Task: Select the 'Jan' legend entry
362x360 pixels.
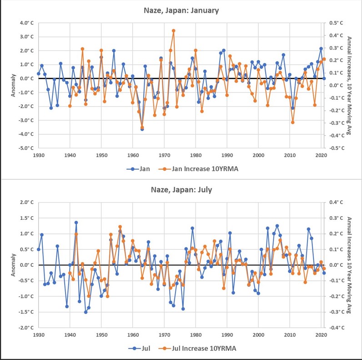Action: (142, 169)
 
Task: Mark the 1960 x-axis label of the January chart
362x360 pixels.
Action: (133, 154)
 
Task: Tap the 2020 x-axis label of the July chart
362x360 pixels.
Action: (321, 334)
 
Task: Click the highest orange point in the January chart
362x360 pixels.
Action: (173, 31)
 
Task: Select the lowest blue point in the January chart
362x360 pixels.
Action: (142, 129)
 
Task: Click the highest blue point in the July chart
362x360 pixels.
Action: (76, 223)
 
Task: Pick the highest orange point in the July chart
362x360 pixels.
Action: (120, 227)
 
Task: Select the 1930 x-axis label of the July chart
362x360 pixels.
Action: (39, 334)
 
